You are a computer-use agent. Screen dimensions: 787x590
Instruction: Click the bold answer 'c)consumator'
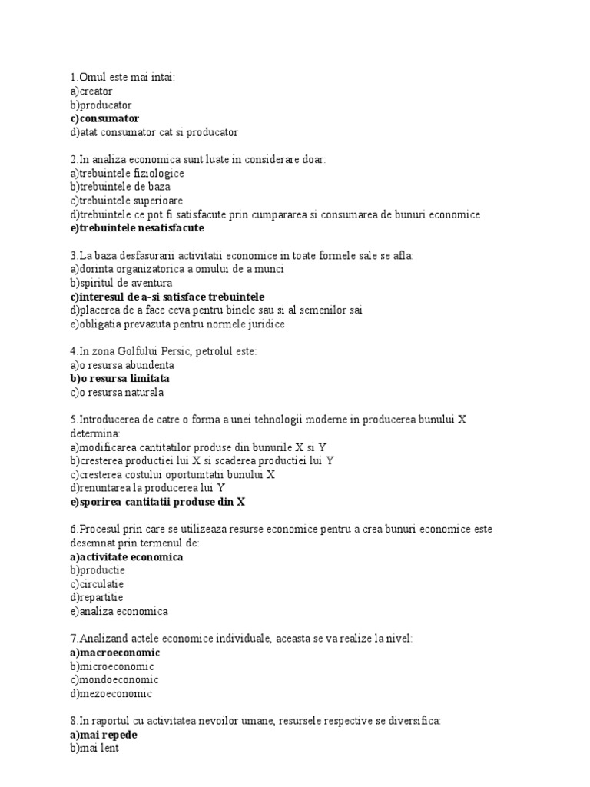tap(104, 118)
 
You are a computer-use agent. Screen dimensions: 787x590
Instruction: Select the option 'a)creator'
tap(91, 91)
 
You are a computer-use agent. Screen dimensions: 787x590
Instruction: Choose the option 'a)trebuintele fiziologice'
tap(127, 173)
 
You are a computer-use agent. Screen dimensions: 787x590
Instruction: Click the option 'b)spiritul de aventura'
tap(121, 283)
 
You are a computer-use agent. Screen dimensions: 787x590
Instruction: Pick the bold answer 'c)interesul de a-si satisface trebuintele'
tap(167, 297)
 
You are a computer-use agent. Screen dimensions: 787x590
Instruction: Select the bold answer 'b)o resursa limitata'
tap(120, 379)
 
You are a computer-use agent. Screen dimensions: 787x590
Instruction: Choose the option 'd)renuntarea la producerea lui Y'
tap(147, 488)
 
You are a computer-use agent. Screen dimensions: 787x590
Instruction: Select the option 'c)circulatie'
tap(96, 584)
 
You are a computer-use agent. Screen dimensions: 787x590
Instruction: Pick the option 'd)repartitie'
tap(96, 598)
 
